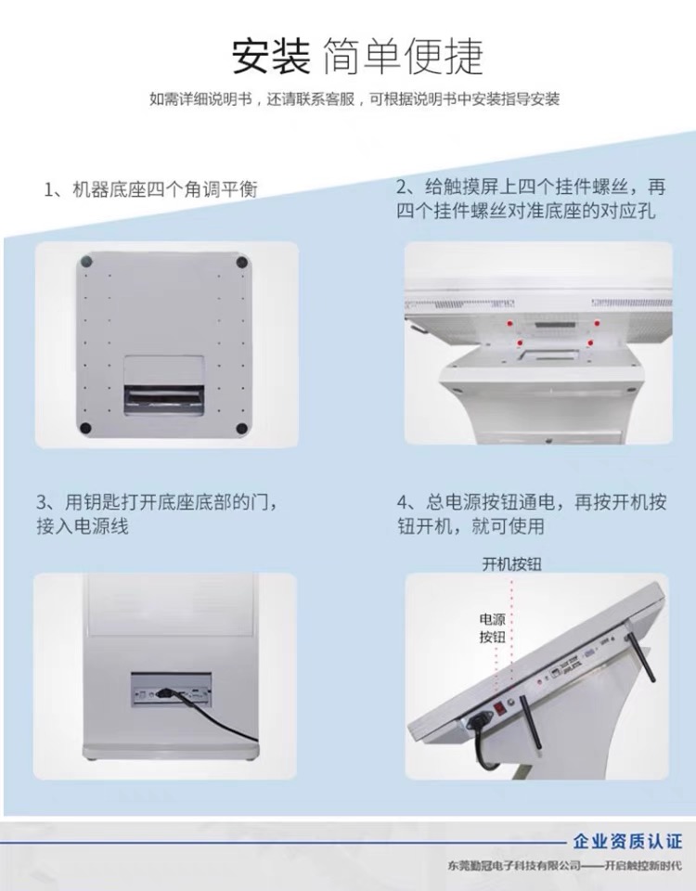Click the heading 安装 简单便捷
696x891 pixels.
[x=357, y=57]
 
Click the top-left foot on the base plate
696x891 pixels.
[x=86, y=261]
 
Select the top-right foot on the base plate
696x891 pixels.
[x=242, y=262]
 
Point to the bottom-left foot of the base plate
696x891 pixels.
[x=85, y=428]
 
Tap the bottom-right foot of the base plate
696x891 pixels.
[x=241, y=428]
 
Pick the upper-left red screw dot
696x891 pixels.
[x=509, y=323]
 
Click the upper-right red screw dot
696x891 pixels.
[x=597, y=323]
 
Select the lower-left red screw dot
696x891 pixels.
[x=519, y=342]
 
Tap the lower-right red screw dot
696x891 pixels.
[x=591, y=342]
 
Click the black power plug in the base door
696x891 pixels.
[x=165, y=693]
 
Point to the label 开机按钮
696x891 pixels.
[x=511, y=563]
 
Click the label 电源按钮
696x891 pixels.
[x=492, y=628]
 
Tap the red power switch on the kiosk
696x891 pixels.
[x=499, y=707]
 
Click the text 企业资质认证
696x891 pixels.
[x=627, y=841]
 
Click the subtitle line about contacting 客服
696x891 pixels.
[x=354, y=99]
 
